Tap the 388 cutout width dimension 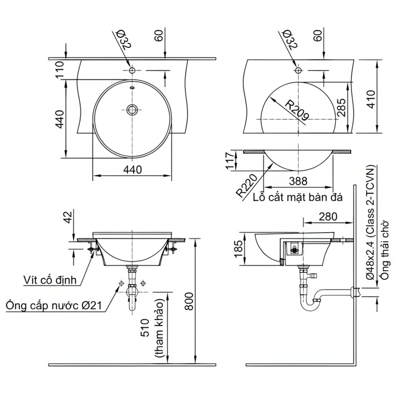point(299,181)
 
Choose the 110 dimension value point(59,70)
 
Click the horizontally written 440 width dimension point(132,169)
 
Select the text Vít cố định point(51,279)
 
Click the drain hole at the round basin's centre point(132,109)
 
